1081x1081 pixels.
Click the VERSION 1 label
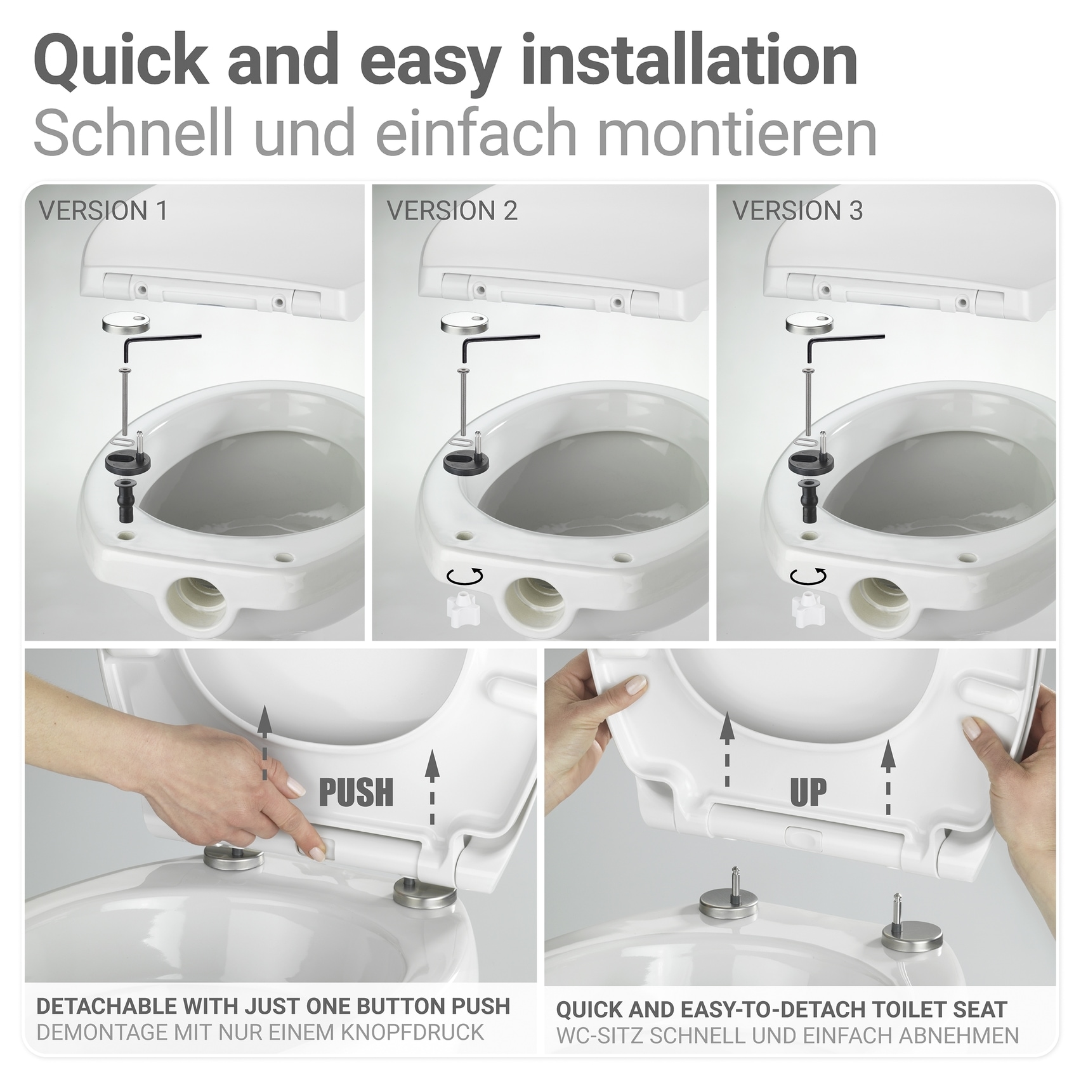click(x=103, y=211)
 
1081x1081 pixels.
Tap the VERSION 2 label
click(x=452, y=211)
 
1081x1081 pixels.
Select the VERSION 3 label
click(x=797, y=211)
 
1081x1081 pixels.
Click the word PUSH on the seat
click(x=356, y=792)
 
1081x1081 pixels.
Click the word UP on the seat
click(x=808, y=792)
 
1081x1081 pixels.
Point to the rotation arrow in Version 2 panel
click(x=465, y=575)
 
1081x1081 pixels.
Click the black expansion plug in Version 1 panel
click(x=124, y=498)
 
